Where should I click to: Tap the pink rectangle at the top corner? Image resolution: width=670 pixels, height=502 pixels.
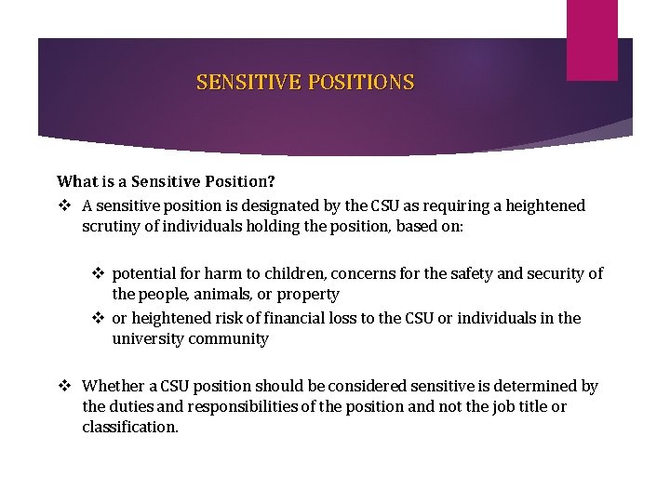tap(593, 39)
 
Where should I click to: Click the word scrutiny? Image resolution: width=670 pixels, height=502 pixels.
tap(113, 226)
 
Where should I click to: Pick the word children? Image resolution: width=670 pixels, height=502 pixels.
tap(279, 273)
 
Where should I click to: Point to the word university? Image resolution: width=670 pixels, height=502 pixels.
tap(148, 338)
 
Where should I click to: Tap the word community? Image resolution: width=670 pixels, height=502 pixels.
tap(228, 338)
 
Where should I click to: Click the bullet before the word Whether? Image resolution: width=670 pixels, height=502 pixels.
tap(64, 386)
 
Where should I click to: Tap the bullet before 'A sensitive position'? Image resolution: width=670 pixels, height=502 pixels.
tap(64, 205)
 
